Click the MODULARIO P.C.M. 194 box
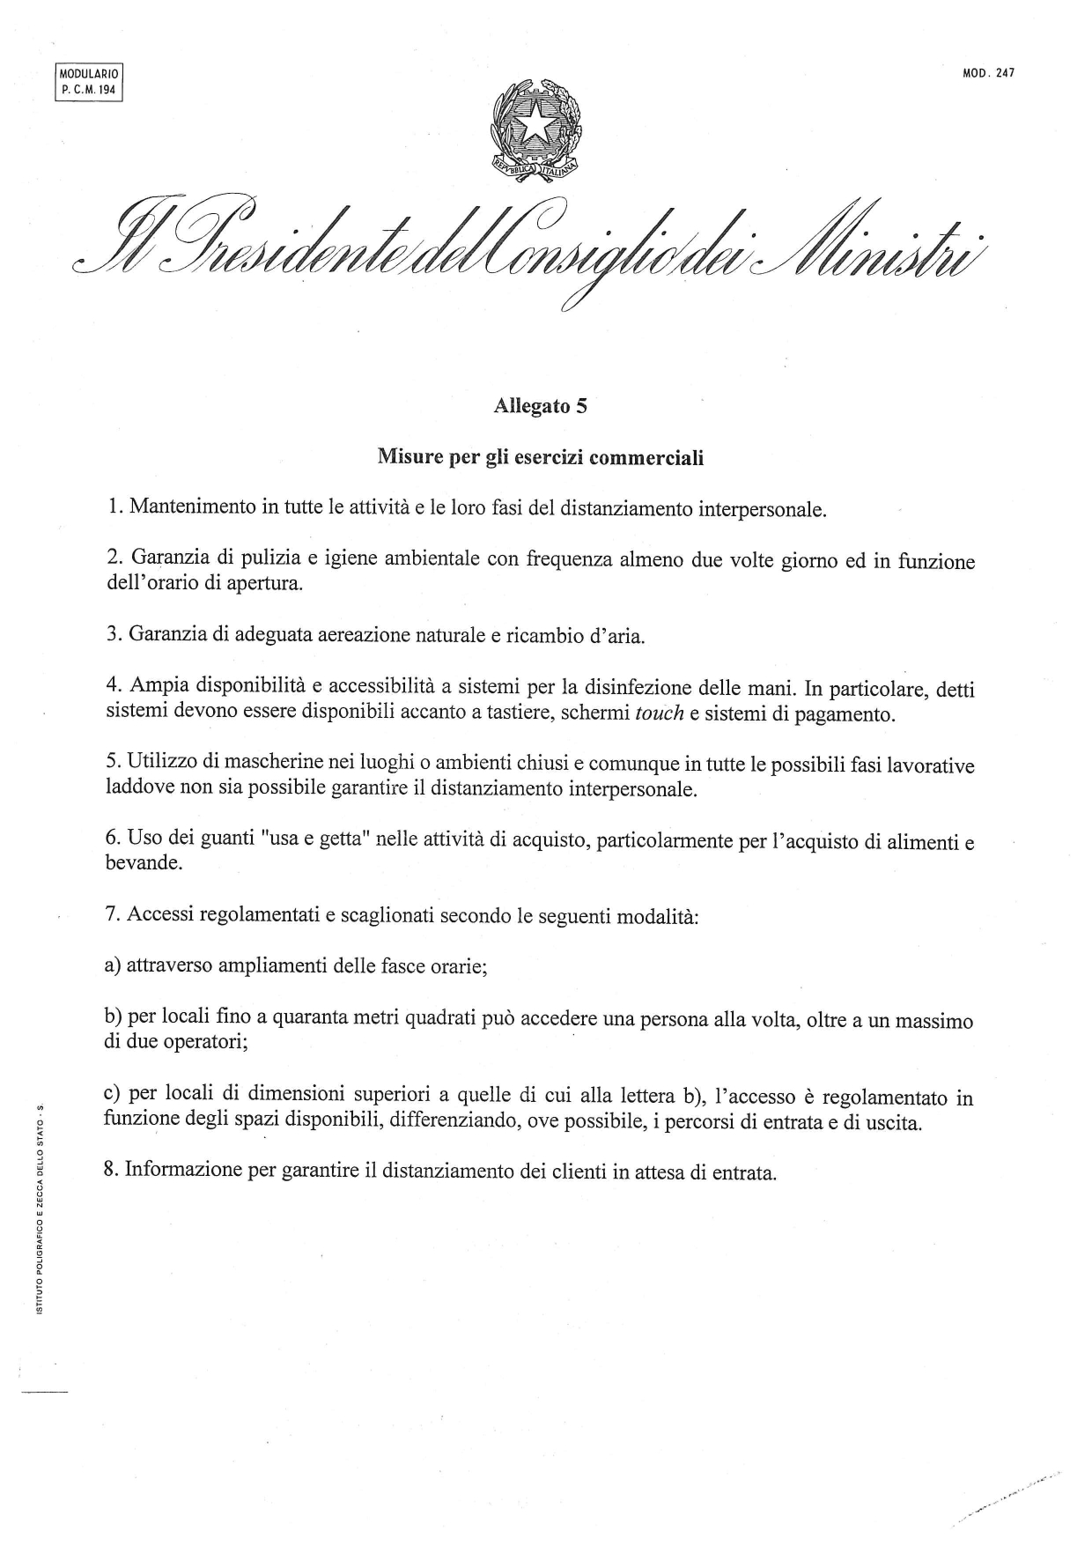(88, 82)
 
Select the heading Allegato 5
(540, 406)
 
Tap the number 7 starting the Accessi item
(110, 914)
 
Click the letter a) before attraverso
(112, 965)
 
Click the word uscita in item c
(894, 1124)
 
